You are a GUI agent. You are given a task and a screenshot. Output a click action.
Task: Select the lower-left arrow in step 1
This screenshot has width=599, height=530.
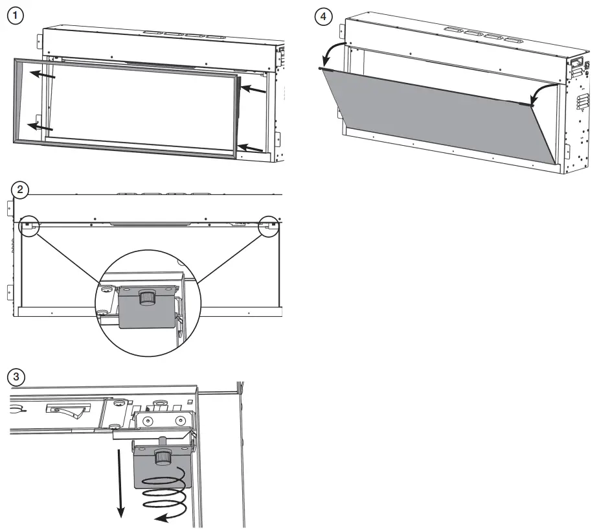tap(42, 126)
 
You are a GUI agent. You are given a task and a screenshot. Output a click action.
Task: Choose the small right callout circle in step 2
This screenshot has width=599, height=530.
tap(269, 227)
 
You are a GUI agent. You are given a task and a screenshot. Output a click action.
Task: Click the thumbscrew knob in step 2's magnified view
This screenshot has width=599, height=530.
tap(147, 297)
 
